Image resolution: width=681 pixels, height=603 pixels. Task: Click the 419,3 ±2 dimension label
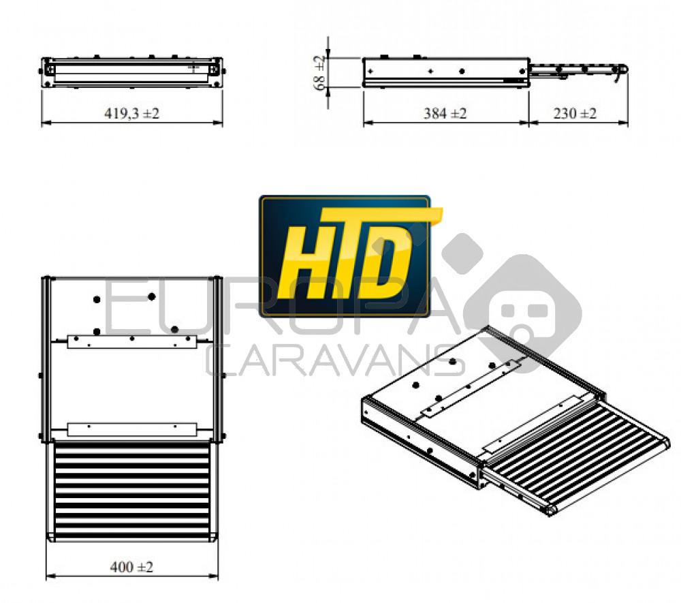[131, 113]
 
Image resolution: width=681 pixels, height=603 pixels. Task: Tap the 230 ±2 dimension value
[575, 113]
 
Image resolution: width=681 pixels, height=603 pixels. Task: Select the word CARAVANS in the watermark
[334, 361]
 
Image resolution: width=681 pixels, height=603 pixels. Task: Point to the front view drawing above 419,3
[131, 72]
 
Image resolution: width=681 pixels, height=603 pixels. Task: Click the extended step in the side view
[577, 70]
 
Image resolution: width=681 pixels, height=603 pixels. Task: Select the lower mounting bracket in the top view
[132, 429]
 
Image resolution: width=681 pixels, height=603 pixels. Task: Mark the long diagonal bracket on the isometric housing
[470, 388]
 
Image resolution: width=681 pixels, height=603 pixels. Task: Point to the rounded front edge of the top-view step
[131, 537]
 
